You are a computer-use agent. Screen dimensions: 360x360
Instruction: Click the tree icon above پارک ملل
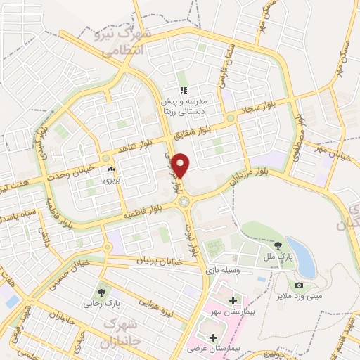pyautogui.click(x=279, y=245)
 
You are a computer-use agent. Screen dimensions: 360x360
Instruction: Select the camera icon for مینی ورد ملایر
pyautogui.click(x=300, y=285)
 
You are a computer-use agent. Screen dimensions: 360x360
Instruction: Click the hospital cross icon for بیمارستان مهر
pyautogui.click(x=233, y=300)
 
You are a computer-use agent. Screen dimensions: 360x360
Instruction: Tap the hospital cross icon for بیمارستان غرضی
pyautogui.click(x=213, y=337)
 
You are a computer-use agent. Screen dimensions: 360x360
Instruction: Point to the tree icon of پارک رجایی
pyautogui.click(x=104, y=292)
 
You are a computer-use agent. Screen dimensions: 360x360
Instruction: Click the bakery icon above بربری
pyautogui.click(x=112, y=169)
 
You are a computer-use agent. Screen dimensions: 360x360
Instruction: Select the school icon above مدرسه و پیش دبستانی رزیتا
pyautogui.click(x=184, y=90)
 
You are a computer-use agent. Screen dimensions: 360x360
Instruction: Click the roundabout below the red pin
pyautogui.click(x=185, y=202)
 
